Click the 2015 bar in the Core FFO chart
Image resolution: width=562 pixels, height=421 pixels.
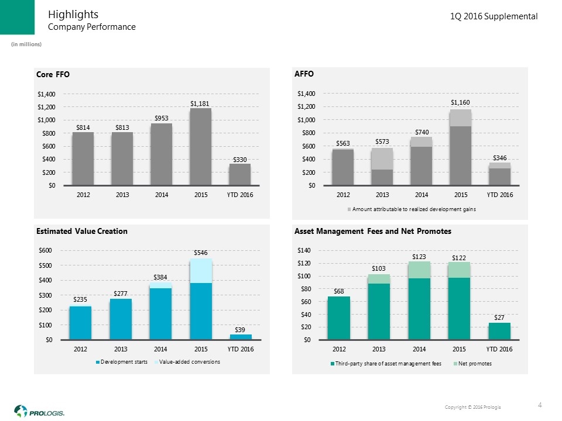tap(200, 147)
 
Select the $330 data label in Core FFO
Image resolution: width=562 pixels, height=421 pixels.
tap(239, 159)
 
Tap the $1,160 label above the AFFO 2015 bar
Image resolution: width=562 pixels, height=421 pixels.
tap(461, 102)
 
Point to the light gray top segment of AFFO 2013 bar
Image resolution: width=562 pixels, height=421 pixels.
tap(382, 158)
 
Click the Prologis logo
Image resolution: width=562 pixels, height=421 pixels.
tap(39, 411)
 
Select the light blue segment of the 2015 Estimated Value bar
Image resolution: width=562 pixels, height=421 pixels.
tap(201, 271)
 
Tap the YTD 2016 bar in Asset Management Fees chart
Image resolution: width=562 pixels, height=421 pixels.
tap(499, 331)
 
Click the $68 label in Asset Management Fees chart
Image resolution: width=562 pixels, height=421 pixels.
tap(339, 291)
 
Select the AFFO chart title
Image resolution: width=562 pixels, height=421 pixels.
tap(304, 74)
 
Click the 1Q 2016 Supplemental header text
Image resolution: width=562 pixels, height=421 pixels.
tap(494, 17)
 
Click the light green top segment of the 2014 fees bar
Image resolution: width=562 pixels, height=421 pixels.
tap(419, 270)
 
